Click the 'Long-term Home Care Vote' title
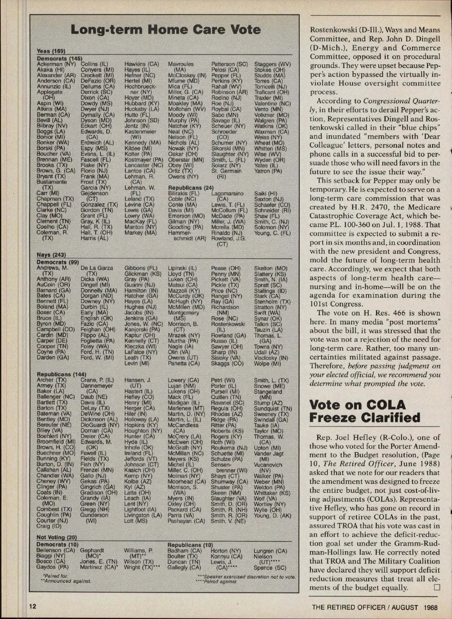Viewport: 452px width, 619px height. tap(165, 30)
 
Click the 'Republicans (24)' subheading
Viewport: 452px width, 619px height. tap(191, 188)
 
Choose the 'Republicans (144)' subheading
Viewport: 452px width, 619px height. tap(61, 374)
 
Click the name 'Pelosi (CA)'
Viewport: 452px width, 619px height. tap(225, 70)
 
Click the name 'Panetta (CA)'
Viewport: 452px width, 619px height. tap(183, 364)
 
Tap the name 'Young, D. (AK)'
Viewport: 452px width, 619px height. tap(272, 515)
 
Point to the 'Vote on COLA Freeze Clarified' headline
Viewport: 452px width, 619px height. tap(365, 411)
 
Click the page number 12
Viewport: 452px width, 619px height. tap(33, 606)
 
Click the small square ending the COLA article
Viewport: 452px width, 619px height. tap(437, 587)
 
